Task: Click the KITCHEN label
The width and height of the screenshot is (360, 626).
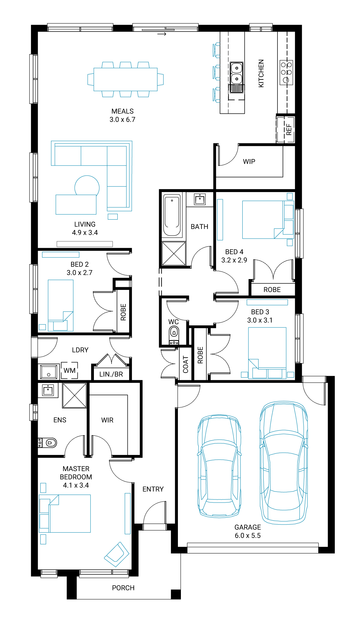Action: click(x=261, y=73)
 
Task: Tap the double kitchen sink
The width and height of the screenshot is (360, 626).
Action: click(x=236, y=77)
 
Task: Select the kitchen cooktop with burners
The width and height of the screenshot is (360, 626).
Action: click(x=286, y=72)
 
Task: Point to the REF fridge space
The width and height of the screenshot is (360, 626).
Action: click(x=285, y=129)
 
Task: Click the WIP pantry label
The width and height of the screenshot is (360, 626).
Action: click(x=249, y=161)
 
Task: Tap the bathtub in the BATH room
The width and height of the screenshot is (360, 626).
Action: click(x=172, y=215)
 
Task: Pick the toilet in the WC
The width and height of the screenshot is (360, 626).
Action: click(x=174, y=336)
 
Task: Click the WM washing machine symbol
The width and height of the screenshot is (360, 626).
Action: click(x=69, y=370)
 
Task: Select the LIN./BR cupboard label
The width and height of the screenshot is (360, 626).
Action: click(x=111, y=374)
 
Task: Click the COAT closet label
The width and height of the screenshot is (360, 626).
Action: click(x=185, y=364)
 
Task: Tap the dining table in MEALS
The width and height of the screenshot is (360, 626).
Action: click(x=125, y=79)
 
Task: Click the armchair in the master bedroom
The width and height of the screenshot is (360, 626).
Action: click(x=117, y=555)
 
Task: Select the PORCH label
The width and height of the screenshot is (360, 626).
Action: click(x=123, y=588)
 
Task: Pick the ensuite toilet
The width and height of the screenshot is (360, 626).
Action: click(x=48, y=443)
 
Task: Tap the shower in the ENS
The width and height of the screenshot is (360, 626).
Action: click(x=74, y=396)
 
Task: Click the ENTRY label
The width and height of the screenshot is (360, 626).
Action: click(x=153, y=489)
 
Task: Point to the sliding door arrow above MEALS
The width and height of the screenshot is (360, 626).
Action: click(x=162, y=34)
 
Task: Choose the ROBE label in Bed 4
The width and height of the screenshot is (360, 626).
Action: click(x=272, y=290)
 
